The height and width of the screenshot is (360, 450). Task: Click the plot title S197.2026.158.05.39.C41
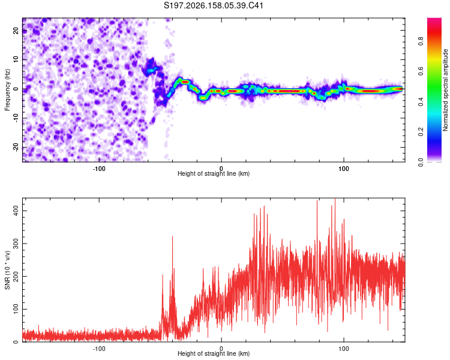(213, 5)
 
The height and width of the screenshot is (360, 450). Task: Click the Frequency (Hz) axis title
(7, 90)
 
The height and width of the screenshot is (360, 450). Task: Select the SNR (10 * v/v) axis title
(7, 270)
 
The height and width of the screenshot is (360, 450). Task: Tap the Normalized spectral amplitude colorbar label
(445, 90)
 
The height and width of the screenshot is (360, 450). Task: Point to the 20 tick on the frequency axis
(16, 30)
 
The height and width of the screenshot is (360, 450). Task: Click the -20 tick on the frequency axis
(16, 148)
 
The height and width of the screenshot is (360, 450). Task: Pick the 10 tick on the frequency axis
(16, 59)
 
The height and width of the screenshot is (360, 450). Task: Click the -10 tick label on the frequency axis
(16, 118)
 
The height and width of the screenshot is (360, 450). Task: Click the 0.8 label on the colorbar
(421, 41)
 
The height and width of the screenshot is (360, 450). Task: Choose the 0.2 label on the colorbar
(421, 132)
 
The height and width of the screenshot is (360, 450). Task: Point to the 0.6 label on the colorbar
(421, 71)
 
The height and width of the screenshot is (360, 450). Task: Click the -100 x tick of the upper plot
(99, 169)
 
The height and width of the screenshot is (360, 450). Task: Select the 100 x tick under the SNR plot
(344, 349)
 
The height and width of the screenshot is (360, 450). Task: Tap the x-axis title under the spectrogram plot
(214, 173)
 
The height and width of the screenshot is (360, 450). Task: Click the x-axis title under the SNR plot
(214, 353)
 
